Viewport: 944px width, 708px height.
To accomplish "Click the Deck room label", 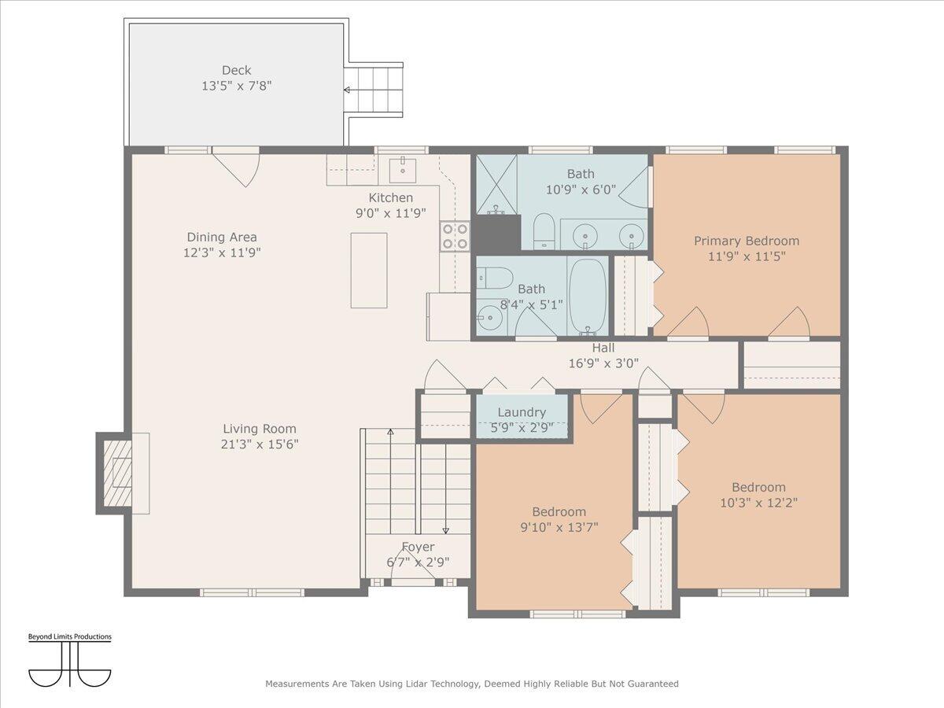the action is pyautogui.click(x=236, y=70).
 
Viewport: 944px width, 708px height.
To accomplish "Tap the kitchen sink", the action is pyautogui.click(x=403, y=171).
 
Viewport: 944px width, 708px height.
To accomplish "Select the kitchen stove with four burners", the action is pyautogui.click(x=455, y=236).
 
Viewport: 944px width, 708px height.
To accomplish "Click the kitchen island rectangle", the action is pyautogui.click(x=369, y=271).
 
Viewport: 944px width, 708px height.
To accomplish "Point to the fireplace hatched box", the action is pyautogui.click(x=117, y=474).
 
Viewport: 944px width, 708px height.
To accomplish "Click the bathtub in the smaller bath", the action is pyautogui.click(x=587, y=296).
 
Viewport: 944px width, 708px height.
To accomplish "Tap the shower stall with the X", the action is pyautogui.click(x=496, y=184).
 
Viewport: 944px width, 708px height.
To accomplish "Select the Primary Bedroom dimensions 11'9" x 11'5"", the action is pyautogui.click(x=747, y=256).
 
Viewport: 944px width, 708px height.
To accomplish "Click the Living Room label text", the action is pyautogui.click(x=260, y=429).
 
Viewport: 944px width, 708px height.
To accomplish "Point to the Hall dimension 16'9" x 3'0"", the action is pyautogui.click(x=603, y=363).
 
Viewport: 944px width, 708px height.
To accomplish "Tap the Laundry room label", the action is pyautogui.click(x=522, y=412).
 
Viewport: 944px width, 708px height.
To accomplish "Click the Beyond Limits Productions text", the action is pyautogui.click(x=70, y=636).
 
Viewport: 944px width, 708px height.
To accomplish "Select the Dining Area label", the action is pyautogui.click(x=222, y=237).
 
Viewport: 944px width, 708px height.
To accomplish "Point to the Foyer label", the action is pyautogui.click(x=418, y=547).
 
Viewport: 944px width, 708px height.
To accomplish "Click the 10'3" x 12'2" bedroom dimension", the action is pyautogui.click(x=758, y=503).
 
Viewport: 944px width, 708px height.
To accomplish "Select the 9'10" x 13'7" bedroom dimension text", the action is pyautogui.click(x=559, y=527).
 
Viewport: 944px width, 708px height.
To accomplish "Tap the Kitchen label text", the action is pyautogui.click(x=390, y=197).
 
